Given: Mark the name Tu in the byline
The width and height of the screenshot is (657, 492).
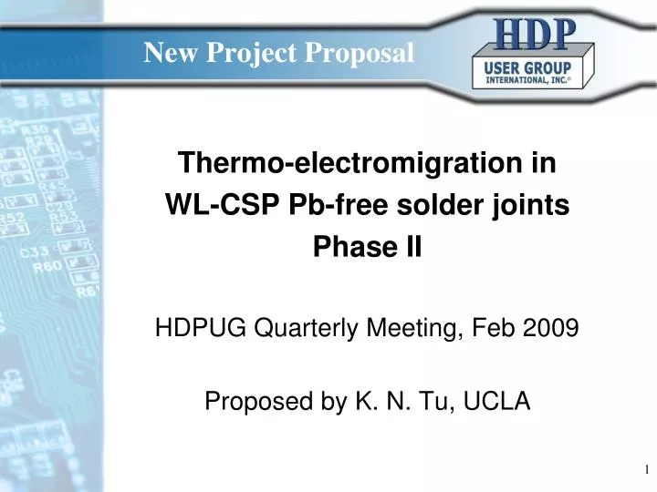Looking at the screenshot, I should [424, 401].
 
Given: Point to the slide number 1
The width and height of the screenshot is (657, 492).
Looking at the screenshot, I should [645, 470].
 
